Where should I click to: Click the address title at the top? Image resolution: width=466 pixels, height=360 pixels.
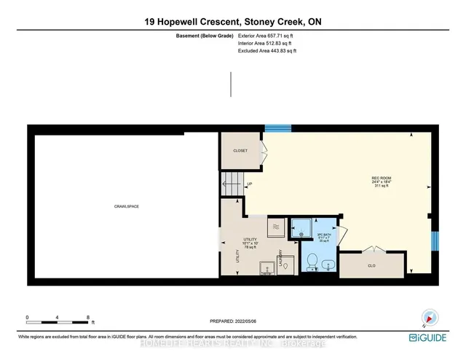(x=232, y=23)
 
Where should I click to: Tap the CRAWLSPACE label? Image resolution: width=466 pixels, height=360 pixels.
(x=127, y=206)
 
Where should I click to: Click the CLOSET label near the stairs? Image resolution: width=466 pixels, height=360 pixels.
(x=240, y=151)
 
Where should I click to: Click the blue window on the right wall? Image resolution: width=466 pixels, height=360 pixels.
(x=435, y=240)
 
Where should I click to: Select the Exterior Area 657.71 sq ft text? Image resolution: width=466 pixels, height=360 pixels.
(x=268, y=35)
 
